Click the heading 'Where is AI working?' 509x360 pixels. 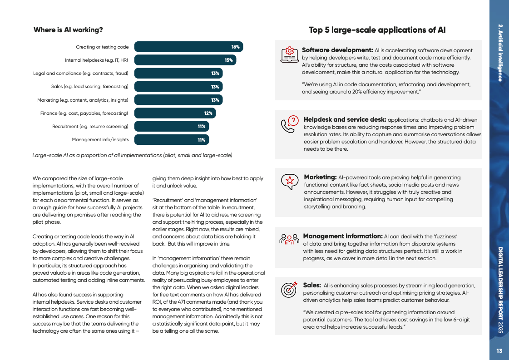pos(68,30)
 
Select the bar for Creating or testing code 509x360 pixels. pos(188,47)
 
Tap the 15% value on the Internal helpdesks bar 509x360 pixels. pos(228,60)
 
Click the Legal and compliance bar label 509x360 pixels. pos(81,73)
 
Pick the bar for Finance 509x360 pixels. pos(175,113)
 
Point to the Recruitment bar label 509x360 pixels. pos(90,126)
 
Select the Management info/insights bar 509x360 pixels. pos(171,140)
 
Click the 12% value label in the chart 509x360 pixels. pos(208,113)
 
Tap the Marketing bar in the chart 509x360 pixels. pos(178,100)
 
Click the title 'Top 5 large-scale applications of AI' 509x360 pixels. pos(377,30)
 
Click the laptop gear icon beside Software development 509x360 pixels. pos(289,54)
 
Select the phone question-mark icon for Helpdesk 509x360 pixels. pos(289,123)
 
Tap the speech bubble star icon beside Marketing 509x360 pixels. pos(289,181)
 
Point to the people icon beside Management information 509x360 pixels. pos(289,239)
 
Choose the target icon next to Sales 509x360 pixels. pos(289,289)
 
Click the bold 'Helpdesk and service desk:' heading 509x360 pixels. pos(345,119)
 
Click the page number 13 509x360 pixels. pos(499,350)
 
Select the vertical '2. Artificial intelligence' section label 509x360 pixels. pos(499,53)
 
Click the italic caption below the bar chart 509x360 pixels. pos(132,155)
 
